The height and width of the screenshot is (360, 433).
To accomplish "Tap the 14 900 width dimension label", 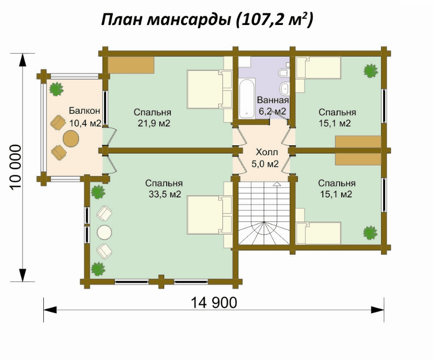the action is tap(214, 303).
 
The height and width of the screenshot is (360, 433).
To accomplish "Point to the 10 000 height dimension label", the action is tap(16, 167).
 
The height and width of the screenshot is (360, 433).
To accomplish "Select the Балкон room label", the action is tap(85, 111).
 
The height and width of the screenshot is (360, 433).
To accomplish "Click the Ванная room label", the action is tap(273, 100).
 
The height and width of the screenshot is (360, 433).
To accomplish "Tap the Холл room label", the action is tap(267, 152).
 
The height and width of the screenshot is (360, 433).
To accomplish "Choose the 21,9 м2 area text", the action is tap(154, 123).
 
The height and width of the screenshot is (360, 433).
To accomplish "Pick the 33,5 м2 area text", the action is tap(165, 194).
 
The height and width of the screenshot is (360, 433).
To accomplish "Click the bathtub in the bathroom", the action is tap(247, 98).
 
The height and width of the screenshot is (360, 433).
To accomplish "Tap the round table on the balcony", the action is tap(71, 139).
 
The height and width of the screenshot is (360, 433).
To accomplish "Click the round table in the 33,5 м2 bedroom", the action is tap(105, 233).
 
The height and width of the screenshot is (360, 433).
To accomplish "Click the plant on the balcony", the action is tap(56, 89).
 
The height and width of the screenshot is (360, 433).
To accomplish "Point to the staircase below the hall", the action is tap(264, 213).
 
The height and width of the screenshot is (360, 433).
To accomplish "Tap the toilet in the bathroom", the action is tap(283, 73).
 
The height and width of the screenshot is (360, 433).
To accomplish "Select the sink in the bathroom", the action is tap(285, 88).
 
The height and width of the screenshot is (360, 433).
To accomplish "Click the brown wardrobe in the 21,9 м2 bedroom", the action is tap(131, 65).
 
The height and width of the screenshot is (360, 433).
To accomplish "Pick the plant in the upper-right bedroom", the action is tap(370, 71).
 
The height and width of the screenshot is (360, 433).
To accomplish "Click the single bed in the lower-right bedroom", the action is tap(318, 233).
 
